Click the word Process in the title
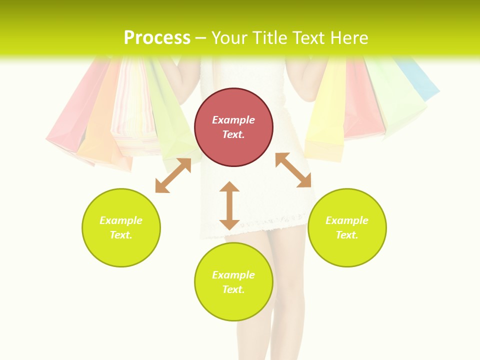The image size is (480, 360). click(157, 38)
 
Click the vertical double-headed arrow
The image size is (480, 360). click(229, 205)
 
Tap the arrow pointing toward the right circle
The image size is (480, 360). click(293, 170)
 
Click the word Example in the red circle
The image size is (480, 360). click(233, 120)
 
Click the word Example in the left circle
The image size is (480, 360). click(121, 220)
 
